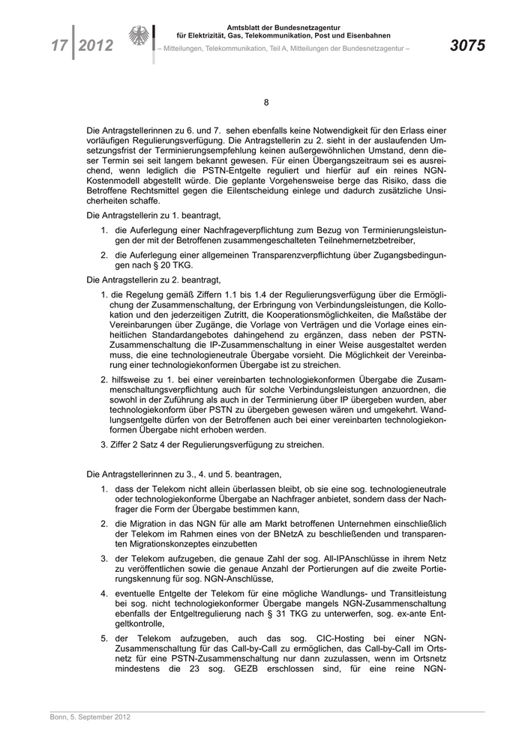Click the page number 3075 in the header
[467, 46]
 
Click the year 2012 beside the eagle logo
[95, 46]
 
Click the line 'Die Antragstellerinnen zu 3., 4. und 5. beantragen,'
[184, 474]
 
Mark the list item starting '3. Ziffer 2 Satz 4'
[213, 444]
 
